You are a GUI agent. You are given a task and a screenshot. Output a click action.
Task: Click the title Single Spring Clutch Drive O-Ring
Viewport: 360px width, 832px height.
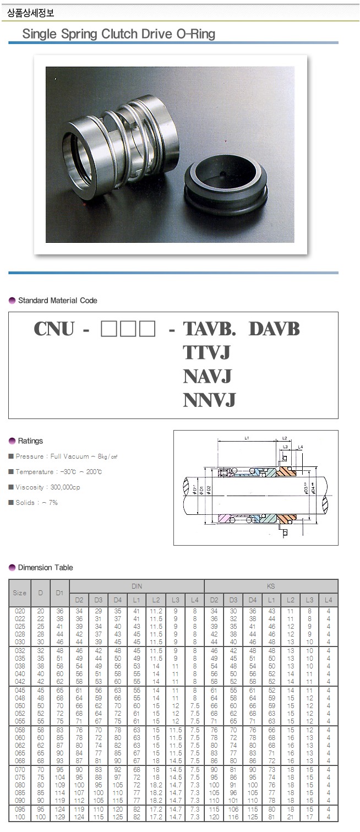point(118,34)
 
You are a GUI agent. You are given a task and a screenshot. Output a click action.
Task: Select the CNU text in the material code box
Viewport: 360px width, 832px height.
point(54,329)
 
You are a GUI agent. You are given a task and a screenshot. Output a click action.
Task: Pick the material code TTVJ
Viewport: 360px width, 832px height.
point(206,352)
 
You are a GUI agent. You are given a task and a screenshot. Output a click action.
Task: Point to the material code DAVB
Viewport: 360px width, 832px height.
point(274,329)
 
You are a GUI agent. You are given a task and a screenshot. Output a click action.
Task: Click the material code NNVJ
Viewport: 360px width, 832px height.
point(209,400)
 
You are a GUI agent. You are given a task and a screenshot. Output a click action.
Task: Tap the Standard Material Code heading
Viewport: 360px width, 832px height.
point(57,301)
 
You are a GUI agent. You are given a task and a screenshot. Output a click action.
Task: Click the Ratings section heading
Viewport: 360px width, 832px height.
point(30,441)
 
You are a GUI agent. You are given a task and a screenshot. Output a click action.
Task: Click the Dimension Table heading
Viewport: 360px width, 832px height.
point(45,568)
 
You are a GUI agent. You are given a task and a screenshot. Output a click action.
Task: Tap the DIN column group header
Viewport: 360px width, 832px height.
point(137,586)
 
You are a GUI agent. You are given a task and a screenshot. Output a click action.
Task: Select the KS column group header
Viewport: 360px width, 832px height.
point(271,586)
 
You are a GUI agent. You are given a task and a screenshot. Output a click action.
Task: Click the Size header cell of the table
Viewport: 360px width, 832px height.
point(19,593)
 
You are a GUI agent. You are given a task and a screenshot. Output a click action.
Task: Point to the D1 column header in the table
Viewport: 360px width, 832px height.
point(59,593)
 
